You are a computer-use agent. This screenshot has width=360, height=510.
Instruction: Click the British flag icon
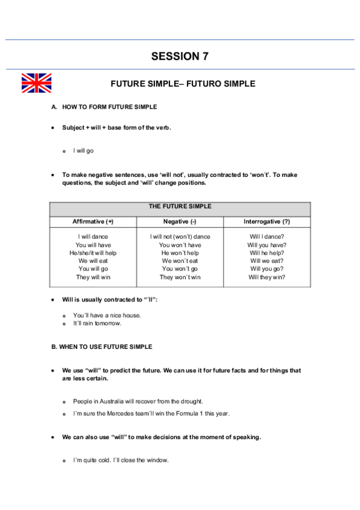pyautogui.click(x=36, y=83)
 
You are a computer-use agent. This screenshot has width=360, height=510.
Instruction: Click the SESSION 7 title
pyautogui.click(x=180, y=57)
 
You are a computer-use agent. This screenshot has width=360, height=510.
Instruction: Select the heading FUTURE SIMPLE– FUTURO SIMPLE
pyautogui.click(x=183, y=84)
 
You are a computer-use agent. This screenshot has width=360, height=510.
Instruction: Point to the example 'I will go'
pyautogui.click(x=84, y=150)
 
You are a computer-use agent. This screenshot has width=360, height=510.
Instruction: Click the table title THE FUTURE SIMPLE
pyautogui.click(x=180, y=206)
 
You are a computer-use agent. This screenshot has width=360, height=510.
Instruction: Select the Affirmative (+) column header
pyautogui.click(x=93, y=222)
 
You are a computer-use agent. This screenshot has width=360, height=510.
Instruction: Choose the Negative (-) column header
pyautogui.click(x=180, y=222)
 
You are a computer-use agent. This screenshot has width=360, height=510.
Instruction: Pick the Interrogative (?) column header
pyautogui.click(x=267, y=222)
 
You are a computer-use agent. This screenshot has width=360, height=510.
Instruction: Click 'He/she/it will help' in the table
pyautogui.click(x=93, y=253)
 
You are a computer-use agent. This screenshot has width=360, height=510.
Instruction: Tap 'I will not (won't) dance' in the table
pyautogui.click(x=180, y=237)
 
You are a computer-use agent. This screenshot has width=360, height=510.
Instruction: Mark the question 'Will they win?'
pyautogui.click(x=267, y=277)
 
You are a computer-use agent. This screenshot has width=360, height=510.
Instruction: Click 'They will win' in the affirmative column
pyautogui.click(x=93, y=277)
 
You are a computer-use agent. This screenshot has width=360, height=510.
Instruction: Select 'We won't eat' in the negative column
pyautogui.click(x=180, y=261)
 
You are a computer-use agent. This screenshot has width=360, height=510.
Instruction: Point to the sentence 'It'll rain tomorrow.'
pyautogui.click(x=97, y=323)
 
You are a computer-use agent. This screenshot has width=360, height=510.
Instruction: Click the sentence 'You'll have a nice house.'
pyautogui.click(x=107, y=315)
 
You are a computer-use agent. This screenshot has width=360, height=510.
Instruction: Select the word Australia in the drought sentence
pyautogui.click(x=111, y=401)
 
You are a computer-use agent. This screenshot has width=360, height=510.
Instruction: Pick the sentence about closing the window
pyautogui.click(x=121, y=460)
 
